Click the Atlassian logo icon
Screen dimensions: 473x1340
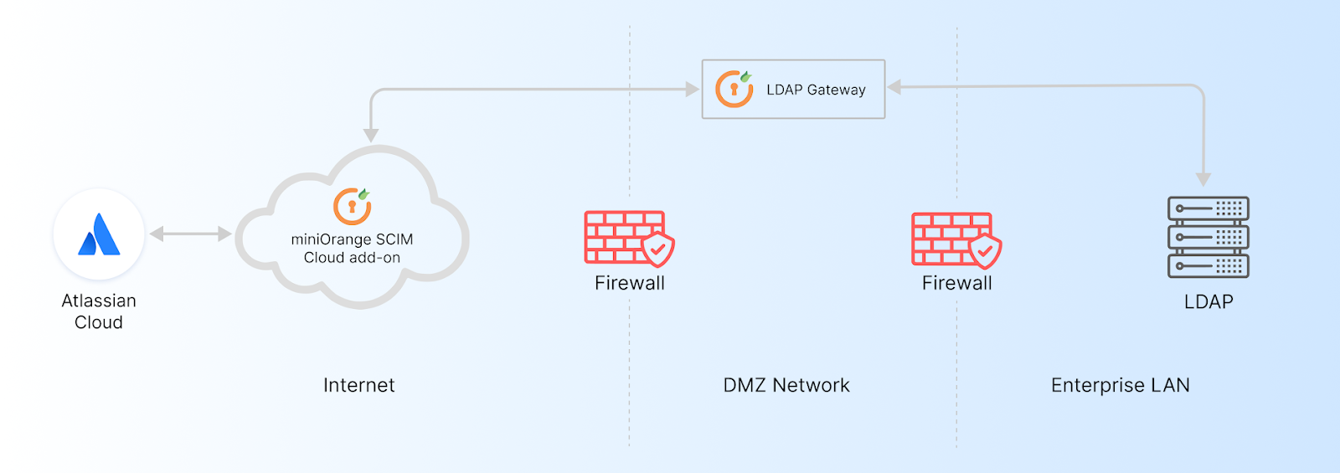[99, 234]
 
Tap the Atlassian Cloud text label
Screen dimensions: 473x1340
[99, 311]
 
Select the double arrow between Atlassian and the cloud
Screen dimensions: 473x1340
[190, 234]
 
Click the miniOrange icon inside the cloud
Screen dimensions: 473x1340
[353, 206]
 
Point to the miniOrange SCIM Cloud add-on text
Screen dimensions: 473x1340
[352, 249]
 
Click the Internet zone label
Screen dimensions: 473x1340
[358, 385]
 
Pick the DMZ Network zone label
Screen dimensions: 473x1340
[786, 385]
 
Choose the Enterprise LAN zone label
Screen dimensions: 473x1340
[1120, 385]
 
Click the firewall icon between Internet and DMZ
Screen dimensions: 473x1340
[629, 238]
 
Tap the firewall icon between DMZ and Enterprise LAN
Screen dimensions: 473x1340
[956, 239]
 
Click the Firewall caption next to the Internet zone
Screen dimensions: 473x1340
[630, 283]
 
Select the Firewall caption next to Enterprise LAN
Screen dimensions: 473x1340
[957, 283]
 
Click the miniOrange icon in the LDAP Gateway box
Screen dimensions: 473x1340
[734, 89]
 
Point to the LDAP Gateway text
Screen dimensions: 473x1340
[816, 90]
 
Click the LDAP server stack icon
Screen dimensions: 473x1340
[1208, 238]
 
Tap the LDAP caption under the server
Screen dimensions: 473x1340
[1209, 302]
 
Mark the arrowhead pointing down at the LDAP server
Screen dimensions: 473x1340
[1203, 179]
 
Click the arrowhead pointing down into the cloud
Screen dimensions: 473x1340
[371, 136]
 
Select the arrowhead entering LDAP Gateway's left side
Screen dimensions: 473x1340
[693, 89]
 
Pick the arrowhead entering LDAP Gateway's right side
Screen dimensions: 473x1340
[894, 87]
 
